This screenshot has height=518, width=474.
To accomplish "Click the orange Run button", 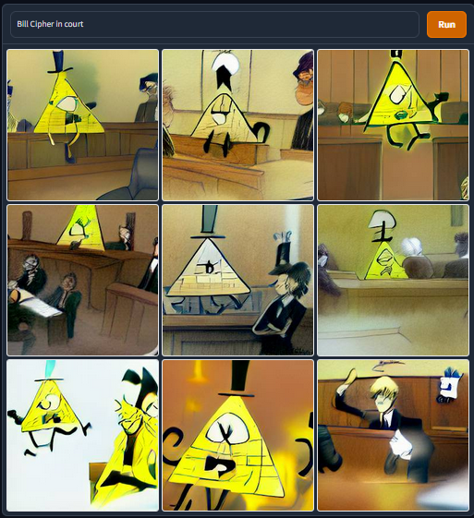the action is pos(446,24).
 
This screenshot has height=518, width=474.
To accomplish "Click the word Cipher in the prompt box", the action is pos(42,24).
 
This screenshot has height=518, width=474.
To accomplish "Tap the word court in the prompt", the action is pos(74,24).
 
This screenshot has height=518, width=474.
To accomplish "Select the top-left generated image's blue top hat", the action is pos(59,62).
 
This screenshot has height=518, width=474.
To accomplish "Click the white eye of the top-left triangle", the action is pos(68,104).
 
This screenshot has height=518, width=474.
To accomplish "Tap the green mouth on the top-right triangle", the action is pos(402,114).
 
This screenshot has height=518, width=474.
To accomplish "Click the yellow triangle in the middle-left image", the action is pos(81,227).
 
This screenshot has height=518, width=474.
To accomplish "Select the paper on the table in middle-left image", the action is pos(43,307).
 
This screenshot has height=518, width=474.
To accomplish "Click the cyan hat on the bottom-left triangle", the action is pos(50,370).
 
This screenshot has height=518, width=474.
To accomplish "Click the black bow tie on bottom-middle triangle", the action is pos(220,464).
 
